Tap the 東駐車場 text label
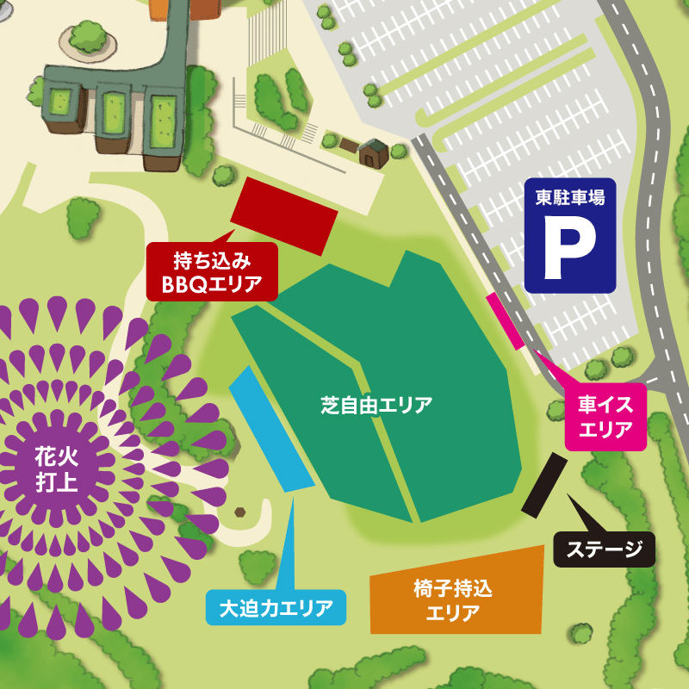569,197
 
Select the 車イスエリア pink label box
605,417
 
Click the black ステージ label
604,549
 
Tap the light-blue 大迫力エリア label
276,608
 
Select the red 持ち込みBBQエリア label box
212,271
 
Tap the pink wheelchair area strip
506,320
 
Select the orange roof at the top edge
158,9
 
